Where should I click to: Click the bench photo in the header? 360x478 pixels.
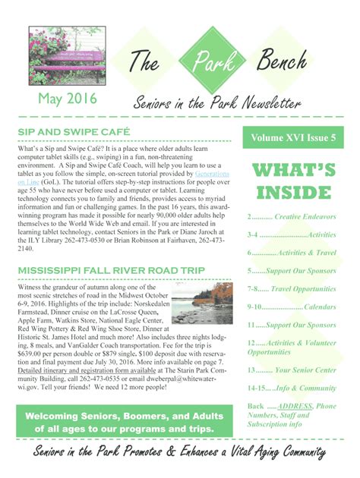point(66,58)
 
